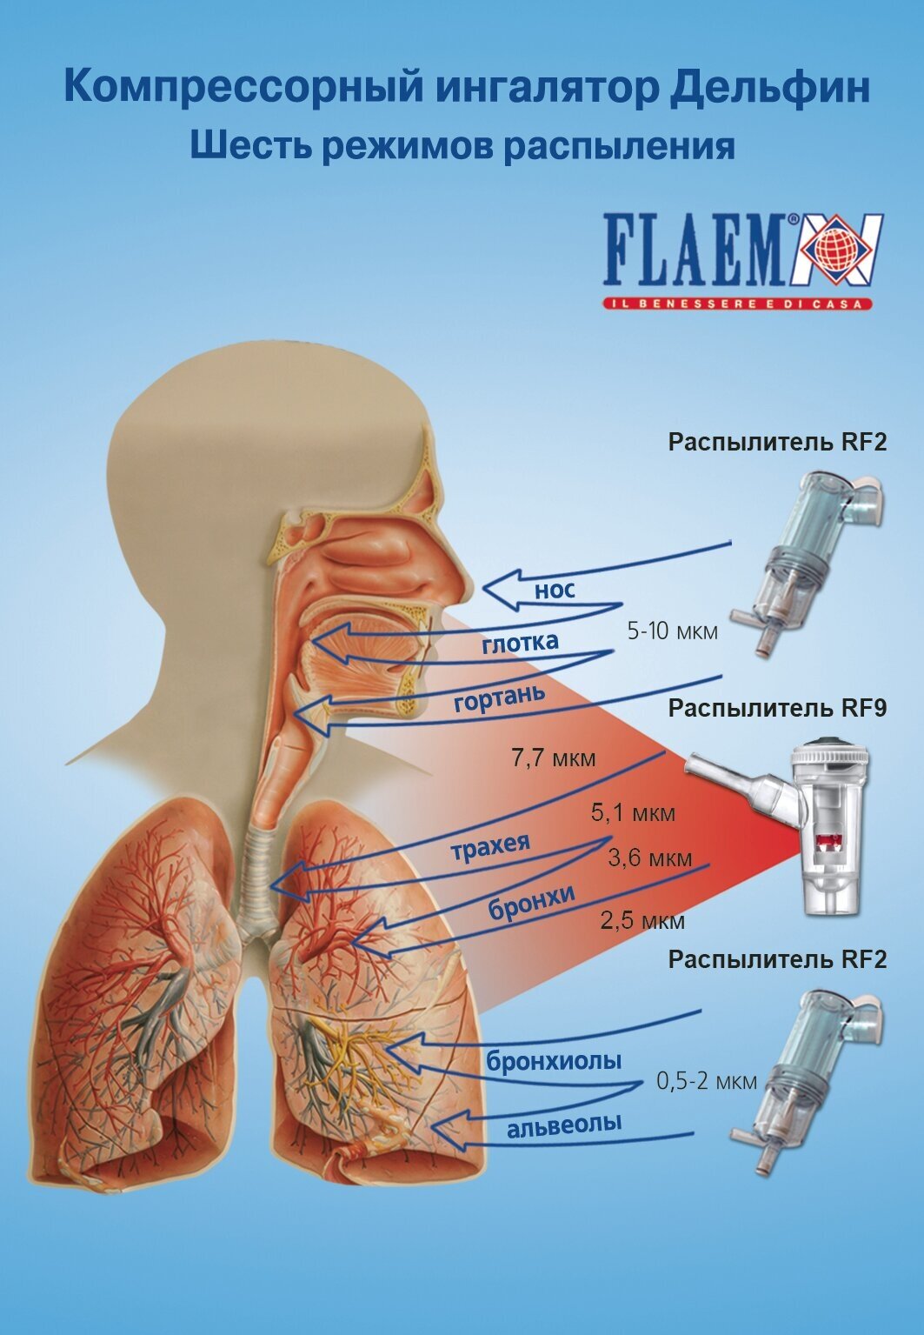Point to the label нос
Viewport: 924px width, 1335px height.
(x=554, y=591)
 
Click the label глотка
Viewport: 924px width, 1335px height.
(x=520, y=643)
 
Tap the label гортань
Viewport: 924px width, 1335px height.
(x=499, y=697)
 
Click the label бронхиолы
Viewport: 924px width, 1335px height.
(x=554, y=1060)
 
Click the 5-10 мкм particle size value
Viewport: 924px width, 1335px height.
(x=672, y=631)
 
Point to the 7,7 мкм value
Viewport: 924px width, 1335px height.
(x=554, y=758)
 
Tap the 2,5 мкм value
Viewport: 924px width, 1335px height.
(x=642, y=920)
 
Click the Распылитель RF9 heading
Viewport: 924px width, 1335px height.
(x=777, y=708)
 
